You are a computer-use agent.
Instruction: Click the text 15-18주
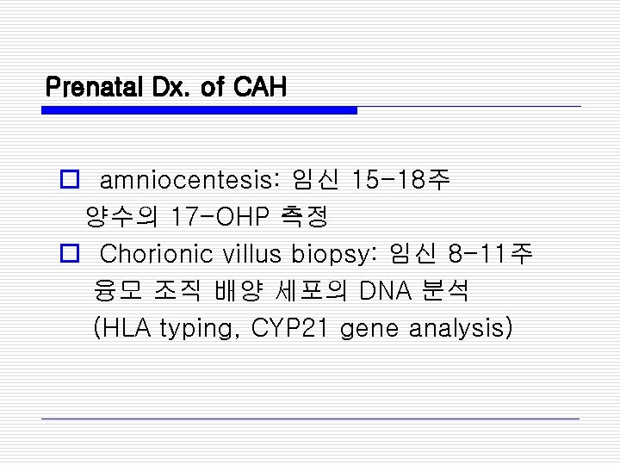(400, 181)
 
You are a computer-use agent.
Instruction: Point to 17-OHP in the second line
(220, 217)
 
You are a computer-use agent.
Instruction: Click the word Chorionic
(157, 254)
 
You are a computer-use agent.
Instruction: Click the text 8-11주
(490, 254)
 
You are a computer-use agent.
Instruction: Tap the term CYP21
(288, 328)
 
